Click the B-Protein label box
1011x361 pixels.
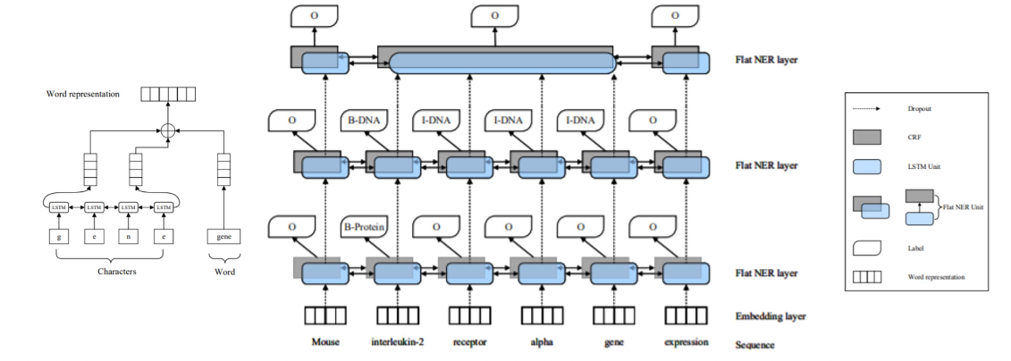tap(364, 227)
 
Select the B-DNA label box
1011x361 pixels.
tap(364, 120)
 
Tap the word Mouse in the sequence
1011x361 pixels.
tap(325, 342)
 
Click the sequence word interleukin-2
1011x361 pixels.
tap(397, 342)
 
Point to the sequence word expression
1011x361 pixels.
tap(687, 342)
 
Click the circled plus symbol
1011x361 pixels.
tap(165, 130)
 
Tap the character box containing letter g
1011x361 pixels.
tap(59, 237)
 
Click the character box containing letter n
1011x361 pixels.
tap(129, 237)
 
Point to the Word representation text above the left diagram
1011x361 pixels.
tap(85, 94)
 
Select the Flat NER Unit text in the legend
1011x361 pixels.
tap(965, 206)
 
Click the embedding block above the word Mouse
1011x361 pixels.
tap(325, 315)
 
